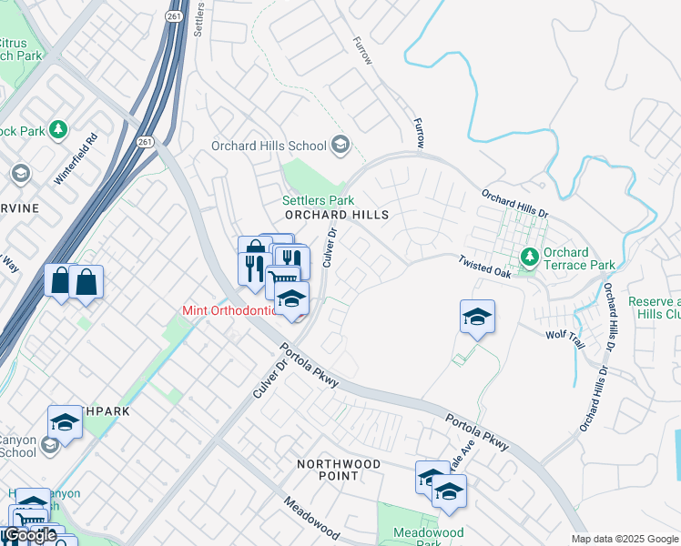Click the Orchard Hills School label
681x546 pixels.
269,146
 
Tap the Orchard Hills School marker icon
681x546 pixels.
340,145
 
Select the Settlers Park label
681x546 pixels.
318,199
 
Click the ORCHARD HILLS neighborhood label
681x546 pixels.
337,215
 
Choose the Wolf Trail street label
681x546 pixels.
564,335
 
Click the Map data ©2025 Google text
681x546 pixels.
625,539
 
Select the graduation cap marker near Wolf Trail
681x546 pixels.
477,317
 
